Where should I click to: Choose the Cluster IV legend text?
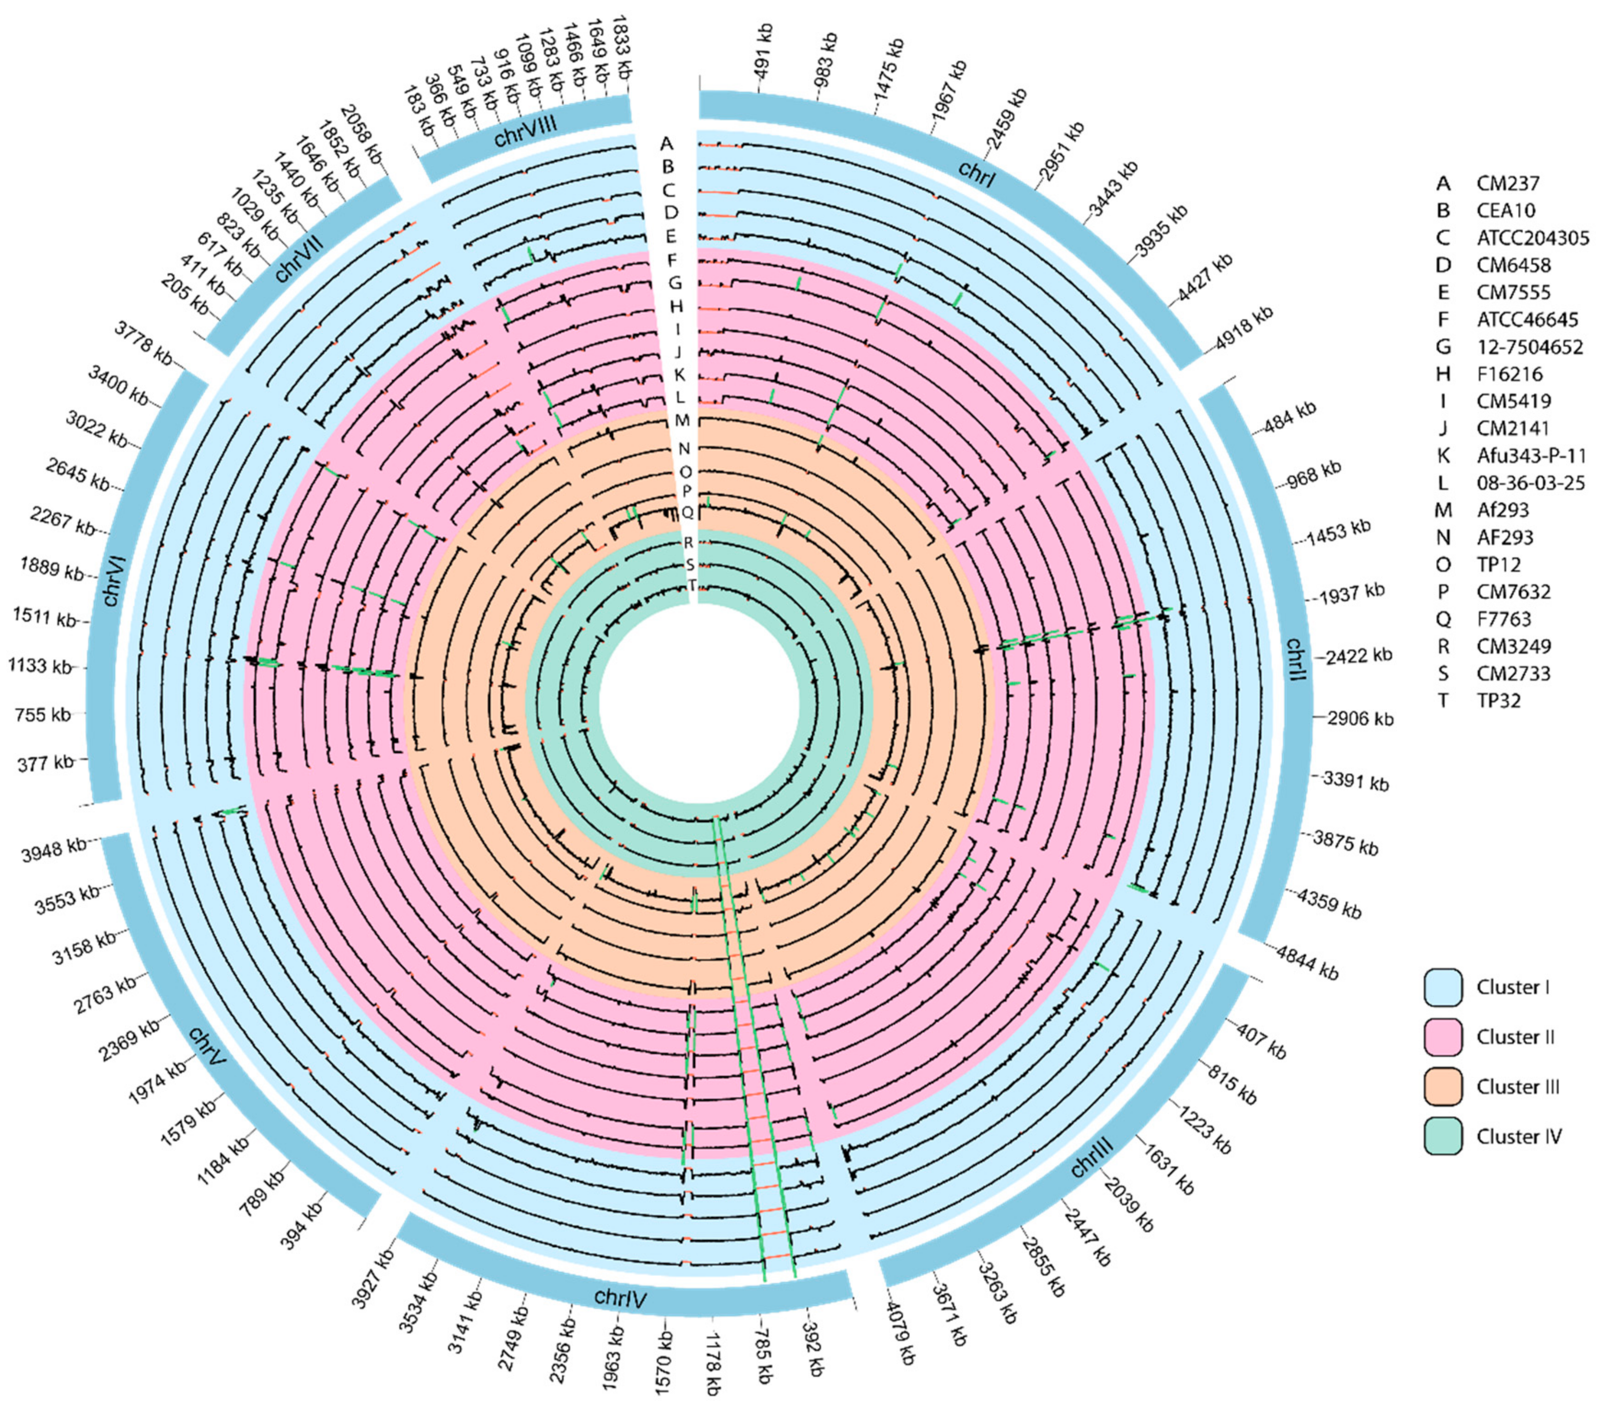tap(1519, 1136)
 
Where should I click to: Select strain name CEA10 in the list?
tap(1505, 211)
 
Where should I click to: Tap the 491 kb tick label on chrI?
tap(762, 52)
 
